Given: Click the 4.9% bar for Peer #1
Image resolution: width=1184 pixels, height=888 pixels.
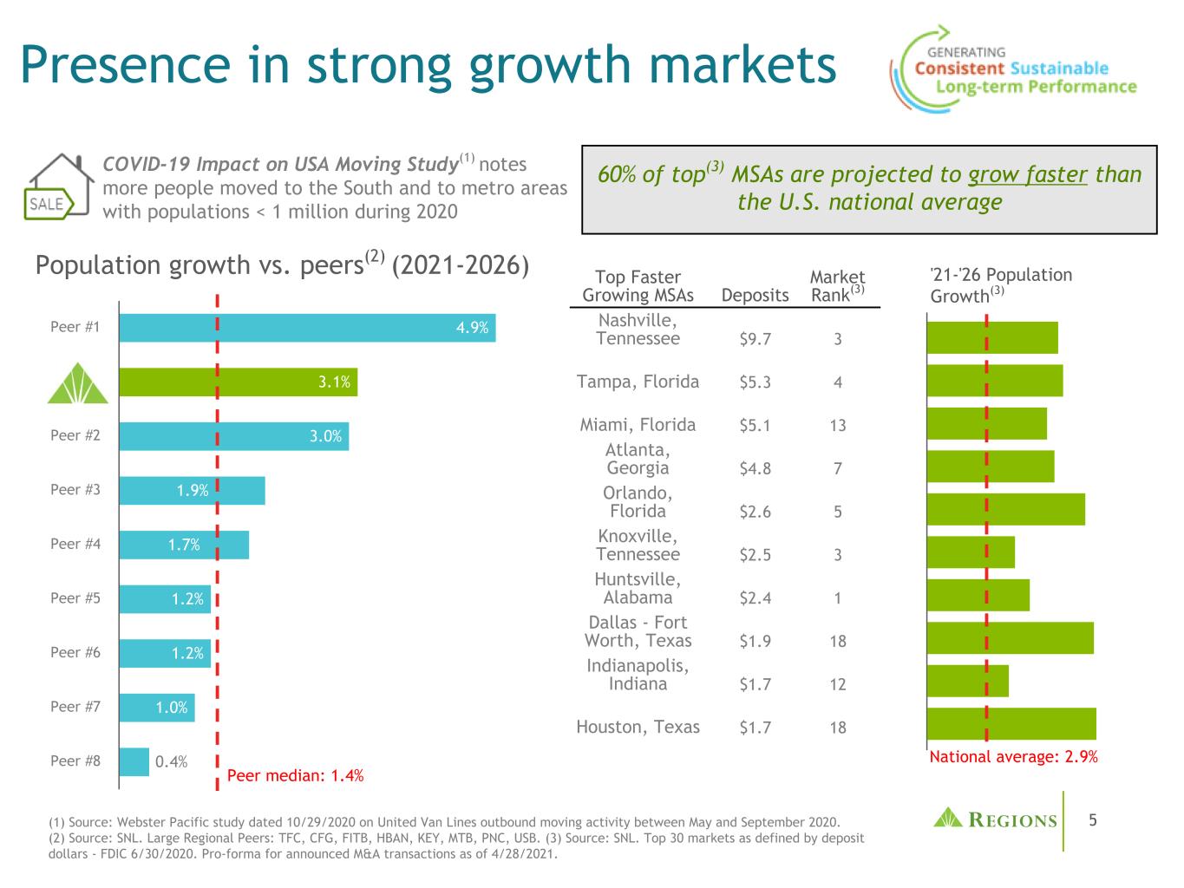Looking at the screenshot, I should click(x=307, y=328).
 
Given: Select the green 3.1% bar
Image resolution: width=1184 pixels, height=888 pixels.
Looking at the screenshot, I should click(x=238, y=382).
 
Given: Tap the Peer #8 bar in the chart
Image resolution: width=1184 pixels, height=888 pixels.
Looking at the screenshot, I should click(x=134, y=762).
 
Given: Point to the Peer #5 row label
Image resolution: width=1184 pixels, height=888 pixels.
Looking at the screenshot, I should click(x=75, y=598).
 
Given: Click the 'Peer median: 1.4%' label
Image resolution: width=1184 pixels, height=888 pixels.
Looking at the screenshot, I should click(x=295, y=776).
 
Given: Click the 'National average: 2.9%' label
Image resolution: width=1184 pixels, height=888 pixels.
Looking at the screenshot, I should click(x=1013, y=757).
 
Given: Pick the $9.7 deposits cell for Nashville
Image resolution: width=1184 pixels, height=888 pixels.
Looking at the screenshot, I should click(x=755, y=339).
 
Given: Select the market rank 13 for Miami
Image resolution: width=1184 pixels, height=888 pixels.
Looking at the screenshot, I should click(x=837, y=426).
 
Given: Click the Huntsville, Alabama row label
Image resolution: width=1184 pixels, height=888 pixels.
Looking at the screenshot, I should click(x=638, y=589).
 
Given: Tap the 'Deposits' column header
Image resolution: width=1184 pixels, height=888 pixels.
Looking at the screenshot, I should click(x=755, y=296).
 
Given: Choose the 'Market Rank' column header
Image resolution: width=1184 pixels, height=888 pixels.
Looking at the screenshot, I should click(x=836, y=286).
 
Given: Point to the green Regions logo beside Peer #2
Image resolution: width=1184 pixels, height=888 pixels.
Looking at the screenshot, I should click(x=78, y=383).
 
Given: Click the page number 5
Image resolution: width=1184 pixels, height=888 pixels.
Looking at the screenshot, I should click(x=1093, y=820).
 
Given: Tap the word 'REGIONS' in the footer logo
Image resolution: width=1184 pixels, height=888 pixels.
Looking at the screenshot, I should click(x=1012, y=820).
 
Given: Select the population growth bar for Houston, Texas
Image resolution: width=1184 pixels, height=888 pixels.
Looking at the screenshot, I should click(x=1011, y=724).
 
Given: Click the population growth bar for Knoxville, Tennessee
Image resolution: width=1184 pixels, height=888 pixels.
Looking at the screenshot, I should click(x=971, y=552).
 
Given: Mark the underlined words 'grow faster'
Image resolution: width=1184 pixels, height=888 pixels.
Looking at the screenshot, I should click(x=1027, y=174).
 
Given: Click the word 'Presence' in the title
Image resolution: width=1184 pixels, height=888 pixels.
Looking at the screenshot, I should click(x=127, y=65).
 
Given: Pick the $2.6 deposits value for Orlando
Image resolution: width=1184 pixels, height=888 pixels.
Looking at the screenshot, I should click(x=755, y=512).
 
